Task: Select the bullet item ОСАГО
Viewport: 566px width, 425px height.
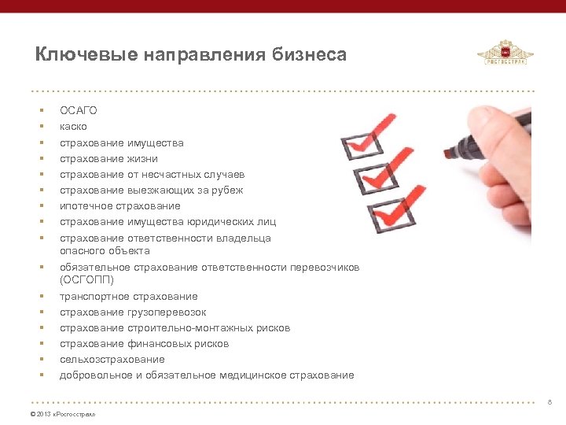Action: coord(79,110)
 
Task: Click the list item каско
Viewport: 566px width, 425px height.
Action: coord(74,127)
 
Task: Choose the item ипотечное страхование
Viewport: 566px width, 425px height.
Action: coord(119,206)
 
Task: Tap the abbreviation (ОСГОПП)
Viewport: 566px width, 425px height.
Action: coord(86,279)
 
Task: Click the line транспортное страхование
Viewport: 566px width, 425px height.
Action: coord(129,296)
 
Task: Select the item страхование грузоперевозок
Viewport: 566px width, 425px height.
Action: coord(133,312)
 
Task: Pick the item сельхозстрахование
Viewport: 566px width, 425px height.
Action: coord(112,360)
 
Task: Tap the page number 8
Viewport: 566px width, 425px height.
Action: coord(549,402)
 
